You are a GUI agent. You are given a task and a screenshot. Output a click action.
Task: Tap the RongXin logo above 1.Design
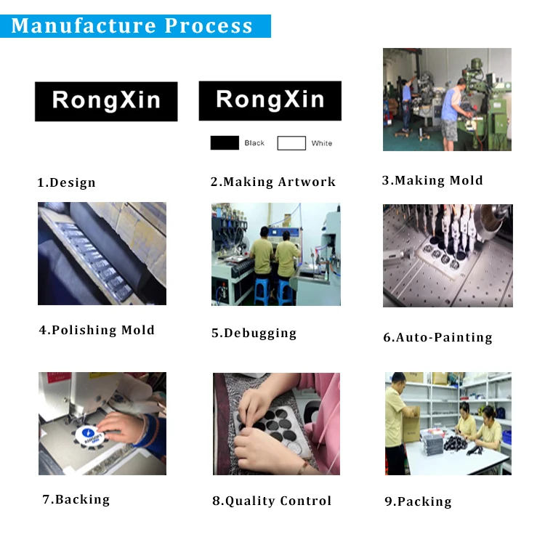click(x=106, y=101)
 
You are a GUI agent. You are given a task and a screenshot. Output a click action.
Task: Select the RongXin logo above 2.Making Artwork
click(x=270, y=100)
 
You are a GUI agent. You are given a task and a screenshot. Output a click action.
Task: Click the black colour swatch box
click(x=225, y=143)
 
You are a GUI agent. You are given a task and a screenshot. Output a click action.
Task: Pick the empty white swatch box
click(x=291, y=143)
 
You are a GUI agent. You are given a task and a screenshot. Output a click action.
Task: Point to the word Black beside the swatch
click(x=254, y=143)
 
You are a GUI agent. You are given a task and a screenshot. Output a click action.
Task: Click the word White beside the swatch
click(x=322, y=143)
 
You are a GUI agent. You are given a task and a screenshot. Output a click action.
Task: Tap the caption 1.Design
click(x=66, y=182)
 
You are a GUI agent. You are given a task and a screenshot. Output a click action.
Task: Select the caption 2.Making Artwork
click(x=273, y=182)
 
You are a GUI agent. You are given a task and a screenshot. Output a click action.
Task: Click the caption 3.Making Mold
click(x=432, y=180)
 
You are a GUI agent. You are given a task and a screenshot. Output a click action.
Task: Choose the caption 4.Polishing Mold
click(x=97, y=330)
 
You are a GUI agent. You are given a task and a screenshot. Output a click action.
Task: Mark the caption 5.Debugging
click(x=254, y=333)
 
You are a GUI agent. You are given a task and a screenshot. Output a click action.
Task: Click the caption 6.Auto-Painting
click(x=437, y=337)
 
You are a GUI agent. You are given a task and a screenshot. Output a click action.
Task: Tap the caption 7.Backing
click(x=76, y=499)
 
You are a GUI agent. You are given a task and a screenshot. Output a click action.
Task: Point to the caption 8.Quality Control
click(x=272, y=501)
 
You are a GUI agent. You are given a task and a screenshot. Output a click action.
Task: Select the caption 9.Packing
click(x=418, y=501)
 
